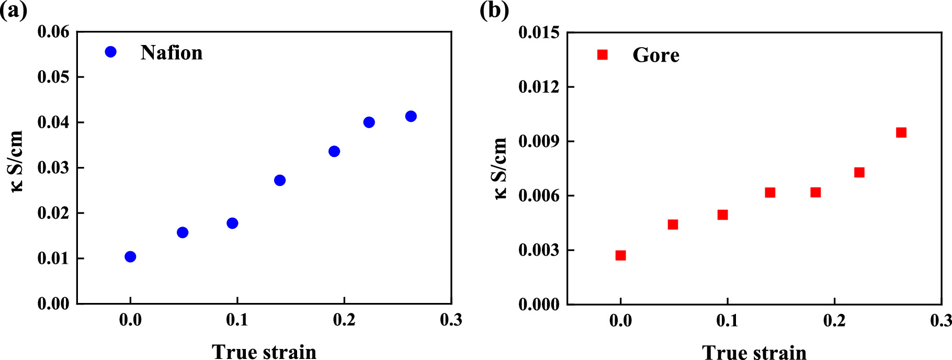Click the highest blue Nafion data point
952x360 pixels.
pos(411,116)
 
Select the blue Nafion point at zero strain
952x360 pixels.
pos(130,256)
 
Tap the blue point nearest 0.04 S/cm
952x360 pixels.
pos(369,122)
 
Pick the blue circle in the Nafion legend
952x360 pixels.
pos(110,52)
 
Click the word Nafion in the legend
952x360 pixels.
pos(171,53)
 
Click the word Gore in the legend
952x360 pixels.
pos(655,55)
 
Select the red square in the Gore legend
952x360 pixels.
pos(602,55)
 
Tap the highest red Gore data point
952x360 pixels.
pos(901,132)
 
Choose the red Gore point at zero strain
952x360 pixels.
pos(620,255)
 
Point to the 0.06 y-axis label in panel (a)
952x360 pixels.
pos(53,32)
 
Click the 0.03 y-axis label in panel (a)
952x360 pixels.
pos(53,168)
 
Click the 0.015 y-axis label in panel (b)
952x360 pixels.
pos(538,32)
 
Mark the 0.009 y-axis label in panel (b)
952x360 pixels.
pos(538,141)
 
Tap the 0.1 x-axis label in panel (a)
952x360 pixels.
pos(237,320)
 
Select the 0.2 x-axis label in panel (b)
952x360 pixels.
pos(834,320)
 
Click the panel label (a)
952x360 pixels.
pos(14,10)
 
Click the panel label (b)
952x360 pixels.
pos(494,10)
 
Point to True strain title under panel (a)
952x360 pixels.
pos(264,352)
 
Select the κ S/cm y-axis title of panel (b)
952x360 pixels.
pos(500,168)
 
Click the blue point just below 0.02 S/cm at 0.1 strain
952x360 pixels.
pos(232,223)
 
